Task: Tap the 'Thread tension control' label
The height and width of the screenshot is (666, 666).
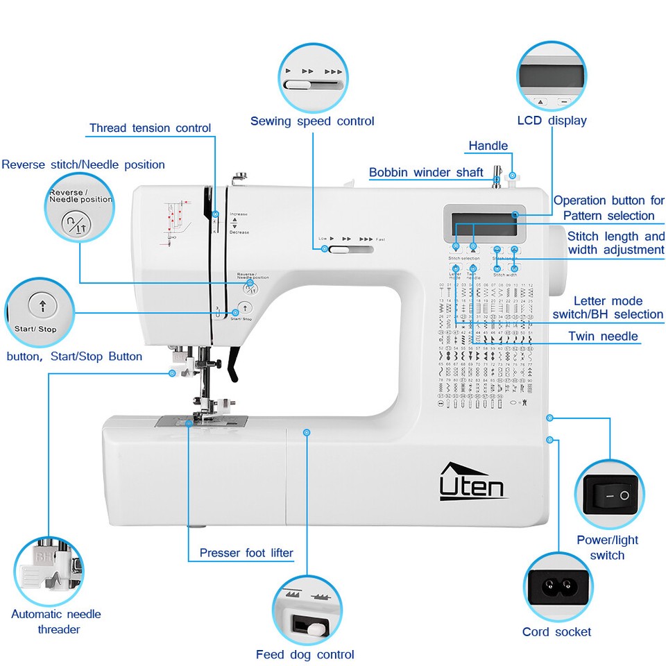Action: pos(150,128)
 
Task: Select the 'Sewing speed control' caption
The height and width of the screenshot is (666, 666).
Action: pos(312,121)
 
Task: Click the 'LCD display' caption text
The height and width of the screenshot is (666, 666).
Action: pos(552,121)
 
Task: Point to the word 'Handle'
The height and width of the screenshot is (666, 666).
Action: pos(488,146)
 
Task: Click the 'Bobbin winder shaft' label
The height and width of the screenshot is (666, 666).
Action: pos(426,172)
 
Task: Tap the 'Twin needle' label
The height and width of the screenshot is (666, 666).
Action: pos(603,336)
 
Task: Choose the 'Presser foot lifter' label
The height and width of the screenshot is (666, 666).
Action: pos(246,553)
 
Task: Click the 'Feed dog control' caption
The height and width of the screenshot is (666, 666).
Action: pos(305,654)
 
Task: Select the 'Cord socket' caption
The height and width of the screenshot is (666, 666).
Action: pos(556,631)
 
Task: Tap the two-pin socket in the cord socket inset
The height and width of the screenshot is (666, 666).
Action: pos(558,587)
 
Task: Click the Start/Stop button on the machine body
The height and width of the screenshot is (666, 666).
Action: pos(244,308)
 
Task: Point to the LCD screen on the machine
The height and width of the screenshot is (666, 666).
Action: pos(484,224)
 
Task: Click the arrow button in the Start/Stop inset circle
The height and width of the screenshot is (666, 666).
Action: pos(42,305)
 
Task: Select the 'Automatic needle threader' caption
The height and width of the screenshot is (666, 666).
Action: pos(55,622)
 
